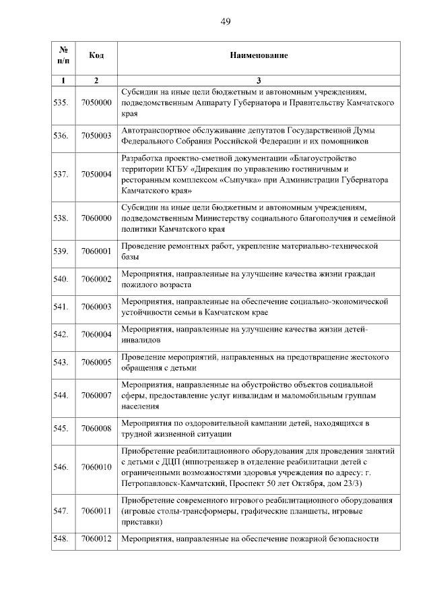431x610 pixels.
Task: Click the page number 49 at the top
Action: [x=226, y=22]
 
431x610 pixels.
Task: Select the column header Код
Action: [x=96, y=55]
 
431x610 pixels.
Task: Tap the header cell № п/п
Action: [x=63, y=55]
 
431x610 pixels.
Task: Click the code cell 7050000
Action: [x=96, y=103]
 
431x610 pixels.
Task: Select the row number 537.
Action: [x=61, y=175]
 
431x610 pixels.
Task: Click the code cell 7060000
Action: [x=96, y=218]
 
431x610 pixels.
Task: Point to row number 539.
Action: [x=61, y=251]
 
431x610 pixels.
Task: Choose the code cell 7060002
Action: [x=96, y=279]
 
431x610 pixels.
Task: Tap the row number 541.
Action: [x=61, y=307]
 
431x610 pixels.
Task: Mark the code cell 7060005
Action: [x=96, y=362]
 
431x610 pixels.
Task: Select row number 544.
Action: [x=61, y=395]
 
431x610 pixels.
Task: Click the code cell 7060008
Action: [x=96, y=428]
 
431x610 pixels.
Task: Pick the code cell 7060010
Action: [x=96, y=466]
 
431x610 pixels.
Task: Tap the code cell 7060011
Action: [x=96, y=510]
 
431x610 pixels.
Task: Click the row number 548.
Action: [x=61, y=539]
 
